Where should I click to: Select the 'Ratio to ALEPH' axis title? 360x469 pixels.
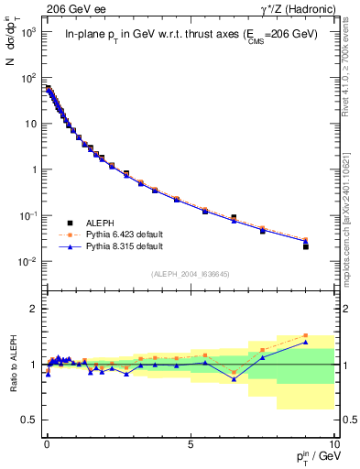coord(13,364)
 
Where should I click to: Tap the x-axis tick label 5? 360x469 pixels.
coord(191,442)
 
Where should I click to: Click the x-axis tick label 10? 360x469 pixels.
coord(333,442)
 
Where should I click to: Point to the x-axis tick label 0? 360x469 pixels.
coord(47,442)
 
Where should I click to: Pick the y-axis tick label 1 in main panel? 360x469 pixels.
coord(34,169)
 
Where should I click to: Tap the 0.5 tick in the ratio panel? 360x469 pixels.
coord(29,420)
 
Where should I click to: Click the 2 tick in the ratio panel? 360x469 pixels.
coord(34,309)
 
